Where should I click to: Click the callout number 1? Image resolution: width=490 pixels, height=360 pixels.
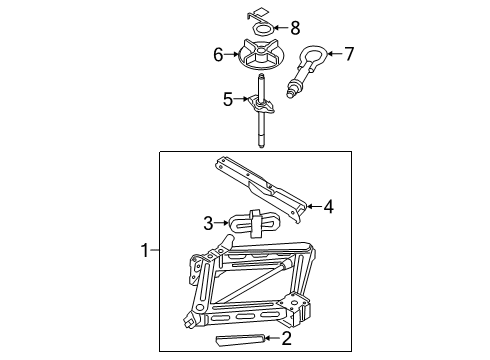tap(146, 251)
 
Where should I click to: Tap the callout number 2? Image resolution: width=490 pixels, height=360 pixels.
tap(286, 340)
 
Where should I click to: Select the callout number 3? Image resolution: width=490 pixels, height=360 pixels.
tap(209, 223)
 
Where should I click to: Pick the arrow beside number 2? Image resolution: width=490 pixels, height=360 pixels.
tap(272, 340)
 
